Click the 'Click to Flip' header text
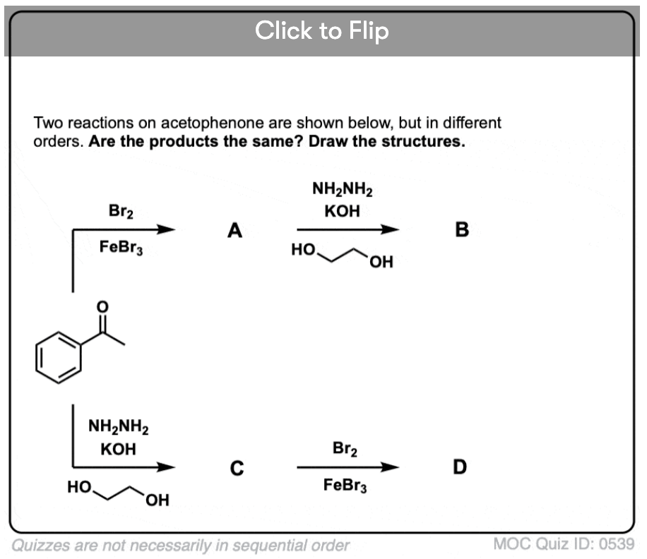[322, 30]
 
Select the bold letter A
[235, 230]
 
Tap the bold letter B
[462, 230]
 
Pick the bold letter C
[237, 468]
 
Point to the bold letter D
[461, 467]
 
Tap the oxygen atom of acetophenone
[102, 307]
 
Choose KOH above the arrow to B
[343, 212]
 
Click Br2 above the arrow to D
[344, 449]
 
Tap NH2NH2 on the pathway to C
[118, 426]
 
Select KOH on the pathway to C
[118, 450]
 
